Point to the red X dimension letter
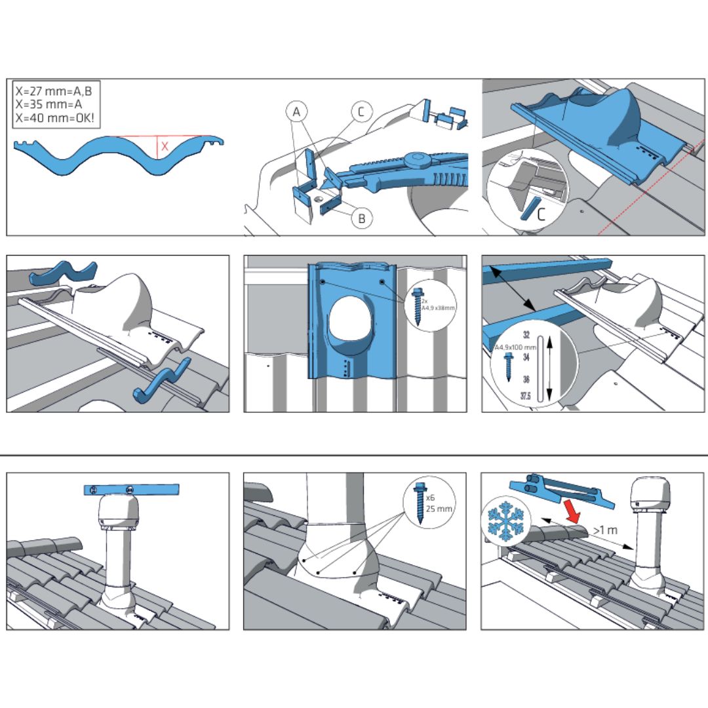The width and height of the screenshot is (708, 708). pos(165,147)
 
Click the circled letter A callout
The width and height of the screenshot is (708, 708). pos(297,113)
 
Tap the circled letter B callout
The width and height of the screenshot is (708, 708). pos(362,218)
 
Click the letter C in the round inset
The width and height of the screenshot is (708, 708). pos(541,214)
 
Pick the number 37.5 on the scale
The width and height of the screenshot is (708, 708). pos(525,396)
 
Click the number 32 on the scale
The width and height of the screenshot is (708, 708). pos(526,335)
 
